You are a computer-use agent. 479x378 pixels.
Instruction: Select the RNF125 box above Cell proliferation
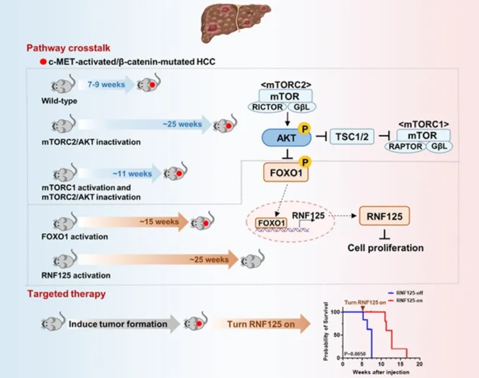pos(384,217)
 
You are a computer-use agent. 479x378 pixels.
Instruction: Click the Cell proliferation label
pos(385,247)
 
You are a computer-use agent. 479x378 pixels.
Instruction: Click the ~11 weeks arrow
pos(127,174)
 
